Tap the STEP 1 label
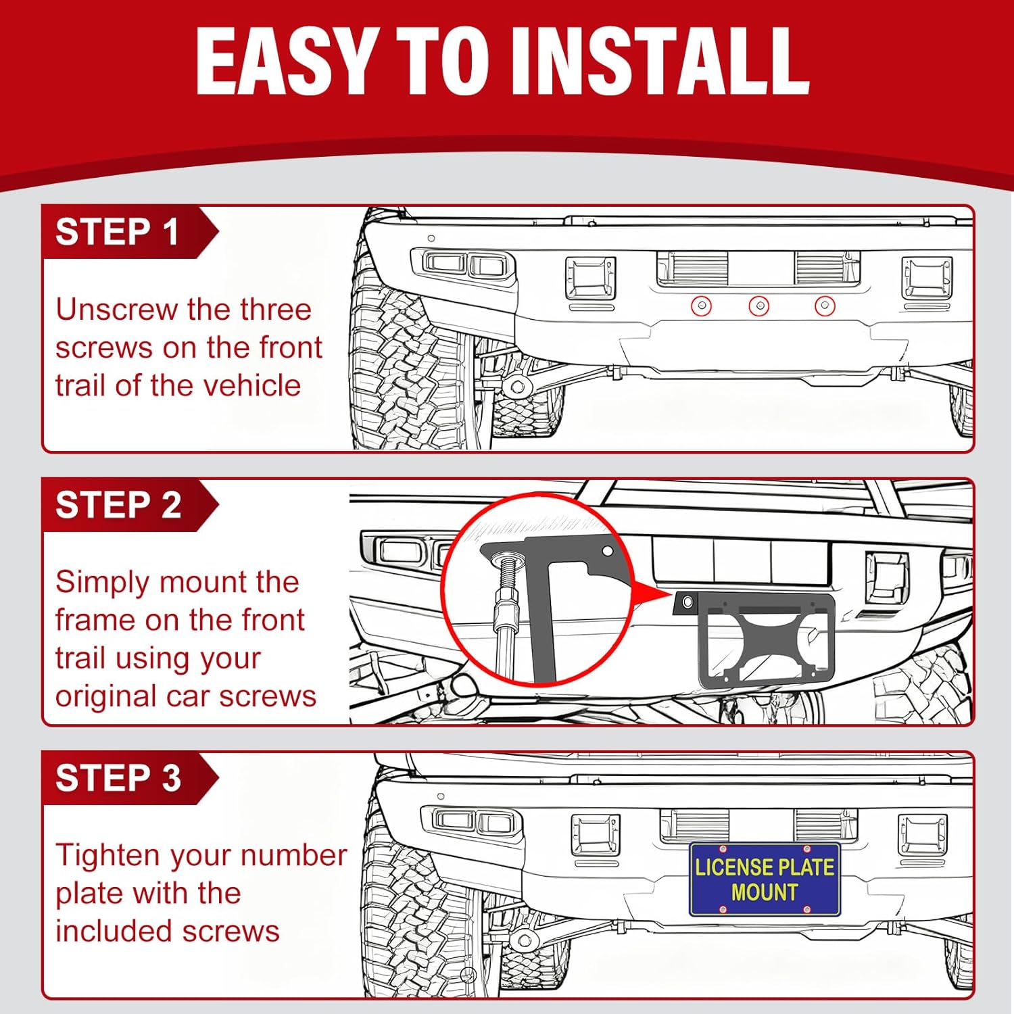(117, 232)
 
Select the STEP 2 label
(118, 505)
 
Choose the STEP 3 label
(118, 778)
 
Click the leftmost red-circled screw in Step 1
(702, 306)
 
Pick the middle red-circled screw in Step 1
(759, 306)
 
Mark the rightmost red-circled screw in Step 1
(824, 306)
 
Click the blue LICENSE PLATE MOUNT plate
(764, 879)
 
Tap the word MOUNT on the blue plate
(764, 892)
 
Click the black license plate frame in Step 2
(764, 639)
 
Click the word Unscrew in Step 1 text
(116, 310)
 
